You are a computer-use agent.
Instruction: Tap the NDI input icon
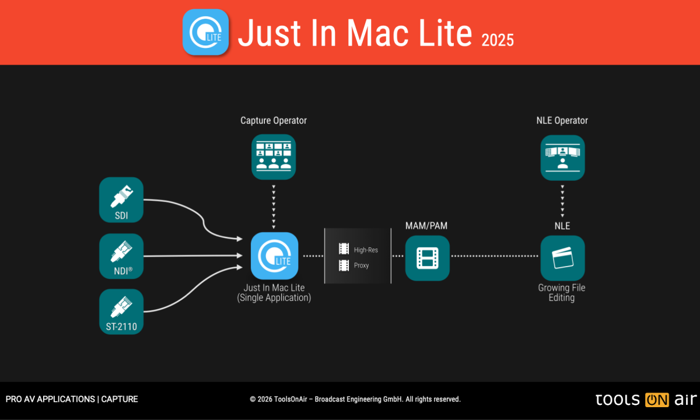(121, 256)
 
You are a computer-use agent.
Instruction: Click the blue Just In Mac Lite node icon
(274, 256)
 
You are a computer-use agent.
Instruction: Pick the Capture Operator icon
(274, 156)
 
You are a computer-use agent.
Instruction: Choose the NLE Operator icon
(562, 157)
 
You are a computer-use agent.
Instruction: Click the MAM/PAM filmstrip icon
(428, 258)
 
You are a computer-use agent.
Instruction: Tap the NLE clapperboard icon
(562, 258)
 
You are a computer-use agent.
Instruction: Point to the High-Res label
(366, 250)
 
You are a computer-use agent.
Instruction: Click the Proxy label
(362, 265)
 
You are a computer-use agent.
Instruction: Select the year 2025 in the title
(498, 40)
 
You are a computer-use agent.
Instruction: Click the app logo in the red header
(205, 32)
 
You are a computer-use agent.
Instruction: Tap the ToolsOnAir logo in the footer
(646, 400)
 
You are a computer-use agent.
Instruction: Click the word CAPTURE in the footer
(120, 400)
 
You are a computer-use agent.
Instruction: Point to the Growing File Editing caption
(562, 293)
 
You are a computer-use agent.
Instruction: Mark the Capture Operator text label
(274, 121)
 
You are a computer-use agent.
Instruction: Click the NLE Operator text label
(562, 121)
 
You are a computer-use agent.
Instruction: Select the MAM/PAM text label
(426, 225)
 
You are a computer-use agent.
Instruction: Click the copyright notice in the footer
(355, 400)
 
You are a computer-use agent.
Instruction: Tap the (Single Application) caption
(274, 298)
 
